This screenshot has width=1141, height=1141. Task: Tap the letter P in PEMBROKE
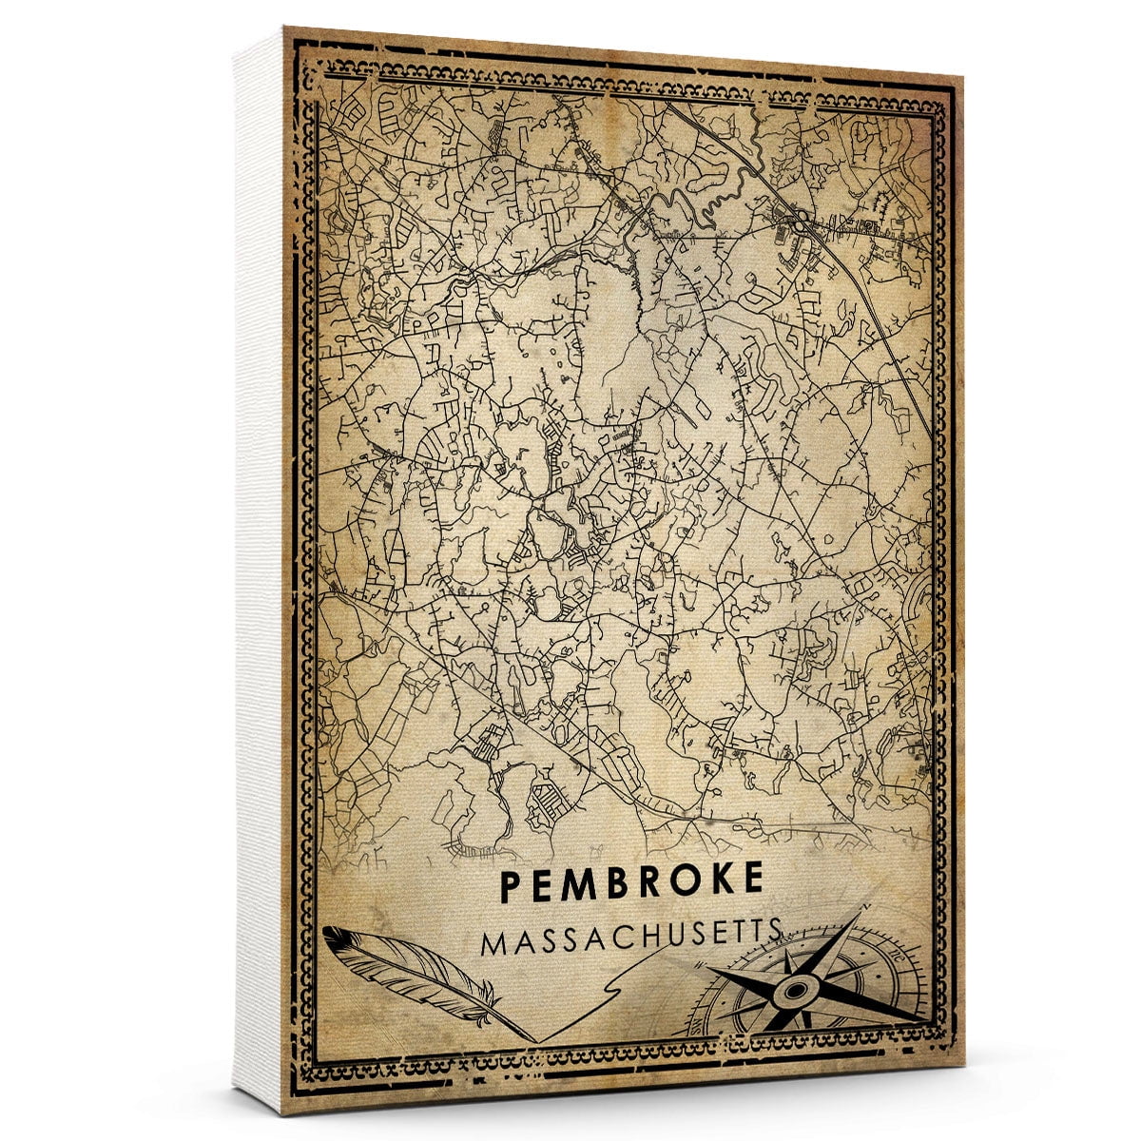[x=510, y=883]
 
